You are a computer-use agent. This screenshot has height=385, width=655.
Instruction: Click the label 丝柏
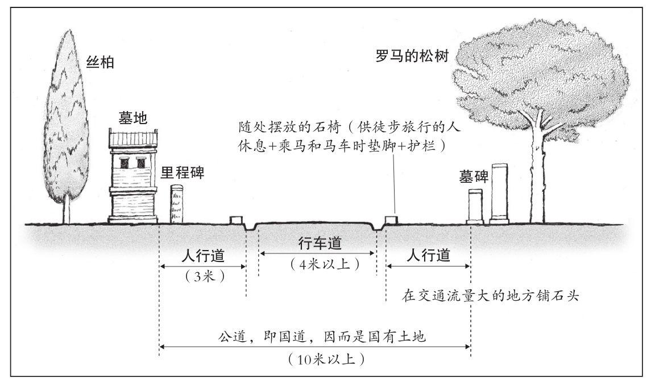click(x=100, y=62)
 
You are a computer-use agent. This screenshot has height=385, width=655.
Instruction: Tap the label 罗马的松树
click(x=412, y=56)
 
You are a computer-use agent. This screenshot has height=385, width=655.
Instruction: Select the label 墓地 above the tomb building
click(x=132, y=118)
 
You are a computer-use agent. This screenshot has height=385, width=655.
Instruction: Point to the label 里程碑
click(x=183, y=172)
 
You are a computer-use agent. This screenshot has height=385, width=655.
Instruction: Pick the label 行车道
click(x=320, y=243)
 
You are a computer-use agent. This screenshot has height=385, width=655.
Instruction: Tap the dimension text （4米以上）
click(x=325, y=264)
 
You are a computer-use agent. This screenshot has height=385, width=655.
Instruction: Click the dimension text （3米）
click(x=204, y=276)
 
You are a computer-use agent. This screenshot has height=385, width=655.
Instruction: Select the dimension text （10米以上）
click(x=326, y=359)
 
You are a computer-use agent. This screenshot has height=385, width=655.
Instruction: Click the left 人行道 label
click(x=203, y=255)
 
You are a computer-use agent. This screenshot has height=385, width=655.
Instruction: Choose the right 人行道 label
click(x=428, y=255)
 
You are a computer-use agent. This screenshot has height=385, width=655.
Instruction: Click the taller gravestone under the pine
click(x=500, y=192)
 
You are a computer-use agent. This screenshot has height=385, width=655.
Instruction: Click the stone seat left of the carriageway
click(x=236, y=220)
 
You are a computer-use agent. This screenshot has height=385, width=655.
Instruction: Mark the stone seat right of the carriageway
click(x=391, y=220)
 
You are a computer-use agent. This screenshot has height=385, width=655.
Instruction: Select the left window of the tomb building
click(x=125, y=162)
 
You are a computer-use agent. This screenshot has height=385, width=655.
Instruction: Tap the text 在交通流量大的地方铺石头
click(x=491, y=296)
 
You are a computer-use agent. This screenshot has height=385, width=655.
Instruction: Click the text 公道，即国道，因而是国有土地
click(x=322, y=337)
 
